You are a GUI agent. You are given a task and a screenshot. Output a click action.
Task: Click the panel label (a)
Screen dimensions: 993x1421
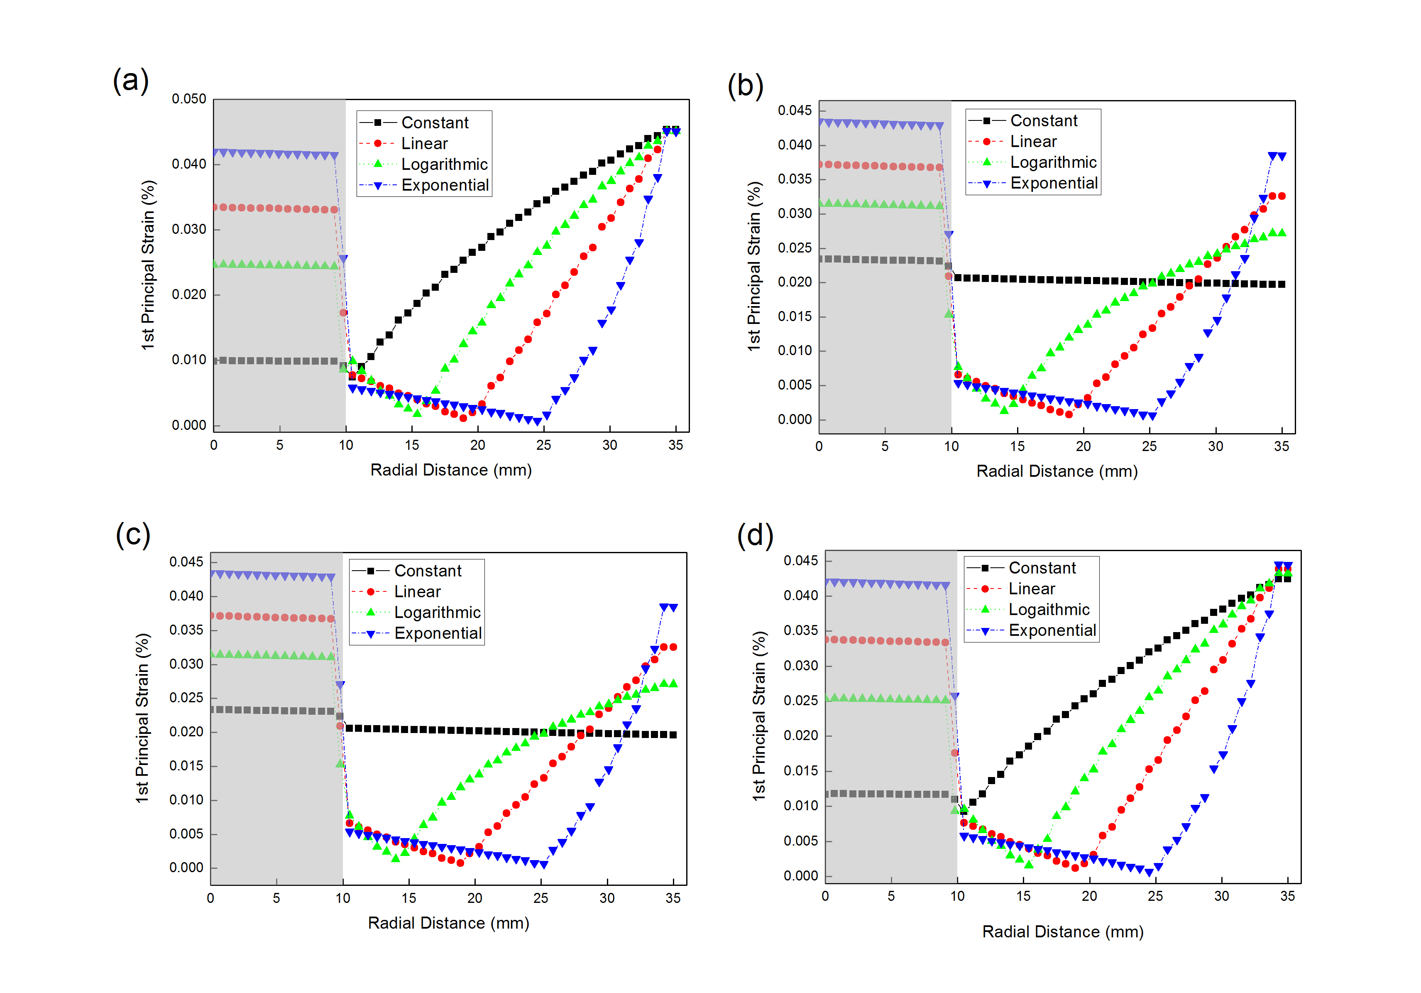click(131, 81)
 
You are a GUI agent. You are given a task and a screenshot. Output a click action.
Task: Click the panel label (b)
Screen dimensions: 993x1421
click(745, 86)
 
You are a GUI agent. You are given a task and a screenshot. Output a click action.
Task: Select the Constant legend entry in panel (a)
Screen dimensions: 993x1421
click(435, 123)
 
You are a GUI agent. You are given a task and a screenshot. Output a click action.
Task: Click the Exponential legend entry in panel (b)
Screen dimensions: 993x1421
click(1053, 183)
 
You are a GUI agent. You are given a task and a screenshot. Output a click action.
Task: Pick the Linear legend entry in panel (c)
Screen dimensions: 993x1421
click(417, 592)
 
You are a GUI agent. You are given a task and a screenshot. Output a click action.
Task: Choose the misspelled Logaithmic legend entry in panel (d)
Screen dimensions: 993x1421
click(1049, 610)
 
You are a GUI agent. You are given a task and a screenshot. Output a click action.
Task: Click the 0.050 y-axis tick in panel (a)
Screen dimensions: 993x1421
click(189, 99)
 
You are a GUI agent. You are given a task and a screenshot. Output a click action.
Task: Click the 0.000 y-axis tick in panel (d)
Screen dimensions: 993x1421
click(801, 876)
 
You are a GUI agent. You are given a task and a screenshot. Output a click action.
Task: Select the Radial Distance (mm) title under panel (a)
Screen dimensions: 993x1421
click(450, 470)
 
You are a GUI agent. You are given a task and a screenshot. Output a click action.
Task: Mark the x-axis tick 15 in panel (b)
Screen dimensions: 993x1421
click(1017, 446)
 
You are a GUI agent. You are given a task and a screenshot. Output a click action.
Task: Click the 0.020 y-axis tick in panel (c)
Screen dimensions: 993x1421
click(186, 732)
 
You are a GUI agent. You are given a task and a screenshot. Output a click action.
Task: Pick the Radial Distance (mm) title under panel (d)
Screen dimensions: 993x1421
click(1062, 932)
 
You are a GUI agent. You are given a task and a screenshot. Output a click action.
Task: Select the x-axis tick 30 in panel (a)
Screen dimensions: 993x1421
click(609, 445)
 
